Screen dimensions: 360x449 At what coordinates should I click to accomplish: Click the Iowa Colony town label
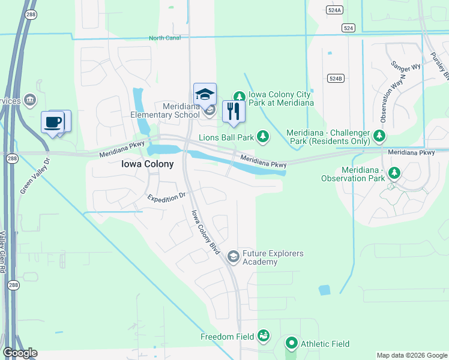[147, 164]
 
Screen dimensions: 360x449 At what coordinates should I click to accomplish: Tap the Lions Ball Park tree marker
[262, 137]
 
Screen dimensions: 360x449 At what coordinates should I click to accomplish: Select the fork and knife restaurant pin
[234, 112]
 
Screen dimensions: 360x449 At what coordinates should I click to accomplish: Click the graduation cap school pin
[205, 94]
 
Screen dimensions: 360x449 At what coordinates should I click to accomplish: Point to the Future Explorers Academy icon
[234, 257]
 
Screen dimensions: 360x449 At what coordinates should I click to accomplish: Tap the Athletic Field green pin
[292, 344]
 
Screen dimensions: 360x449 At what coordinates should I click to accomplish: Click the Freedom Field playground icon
[264, 336]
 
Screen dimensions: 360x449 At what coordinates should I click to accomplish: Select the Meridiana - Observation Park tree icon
[394, 173]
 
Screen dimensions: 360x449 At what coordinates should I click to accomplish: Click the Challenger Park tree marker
[379, 136]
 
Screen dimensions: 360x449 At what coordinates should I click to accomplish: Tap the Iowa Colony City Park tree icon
[239, 97]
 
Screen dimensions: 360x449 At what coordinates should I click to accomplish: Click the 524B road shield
[336, 79]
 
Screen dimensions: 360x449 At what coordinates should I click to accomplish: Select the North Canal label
[164, 38]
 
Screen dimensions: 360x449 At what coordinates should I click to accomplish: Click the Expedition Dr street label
[167, 198]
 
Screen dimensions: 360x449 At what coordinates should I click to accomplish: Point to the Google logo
[20, 353]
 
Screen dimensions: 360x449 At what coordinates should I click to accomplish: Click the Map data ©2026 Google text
[412, 355]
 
